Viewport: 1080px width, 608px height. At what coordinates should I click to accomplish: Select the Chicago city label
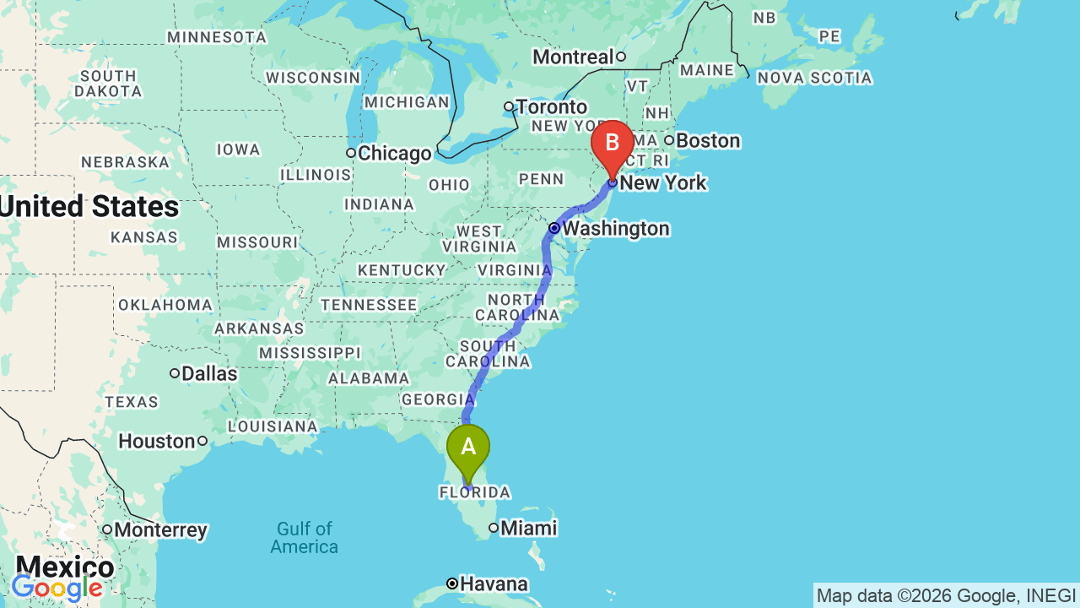tap(394, 154)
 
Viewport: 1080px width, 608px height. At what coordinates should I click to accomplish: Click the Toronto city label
tap(552, 107)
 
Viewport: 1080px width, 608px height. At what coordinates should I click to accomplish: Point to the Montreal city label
tap(574, 57)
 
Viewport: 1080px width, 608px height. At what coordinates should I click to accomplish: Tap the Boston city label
tap(707, 141)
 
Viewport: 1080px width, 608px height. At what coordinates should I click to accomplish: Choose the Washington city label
tap(615, 229)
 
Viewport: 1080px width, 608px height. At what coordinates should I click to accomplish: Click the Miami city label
tap(528, 529)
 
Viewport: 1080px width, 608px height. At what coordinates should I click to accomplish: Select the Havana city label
tap(494, 584)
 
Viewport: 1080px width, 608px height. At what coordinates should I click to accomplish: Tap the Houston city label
tap(157, 441)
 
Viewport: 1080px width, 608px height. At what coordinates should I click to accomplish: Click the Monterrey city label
tap(160, 530)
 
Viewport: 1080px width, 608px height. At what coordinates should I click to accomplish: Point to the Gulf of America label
tap(304, 538)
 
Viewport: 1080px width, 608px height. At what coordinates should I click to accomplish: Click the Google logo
tap(57, 588)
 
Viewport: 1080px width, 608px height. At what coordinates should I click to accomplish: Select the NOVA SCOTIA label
tap(814, 78)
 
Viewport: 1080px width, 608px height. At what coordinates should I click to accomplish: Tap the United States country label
tap(89, 207)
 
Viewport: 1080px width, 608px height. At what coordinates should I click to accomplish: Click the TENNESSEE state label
tap(368, 305)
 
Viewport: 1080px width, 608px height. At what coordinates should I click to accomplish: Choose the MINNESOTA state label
tap(217, 37)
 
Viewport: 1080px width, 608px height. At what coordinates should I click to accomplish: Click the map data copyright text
tap(946, 595)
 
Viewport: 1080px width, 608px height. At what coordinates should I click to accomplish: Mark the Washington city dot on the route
tap(554, 228)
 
